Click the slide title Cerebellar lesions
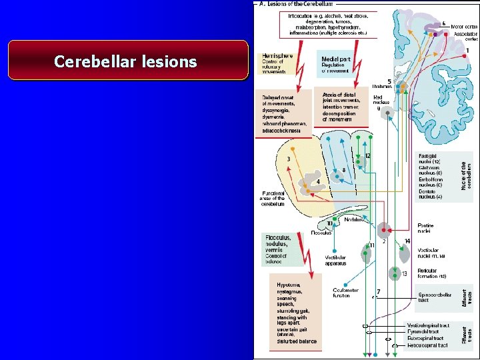125,62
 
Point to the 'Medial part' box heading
336,59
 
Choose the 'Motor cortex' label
464,27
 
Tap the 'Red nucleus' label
382,101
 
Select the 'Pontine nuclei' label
425,229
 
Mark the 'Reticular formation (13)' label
427,273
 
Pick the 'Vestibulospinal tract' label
427,325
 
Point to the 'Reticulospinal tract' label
427,345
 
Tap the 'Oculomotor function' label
341,293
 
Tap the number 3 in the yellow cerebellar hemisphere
288,159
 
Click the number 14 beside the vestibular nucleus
407,241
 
